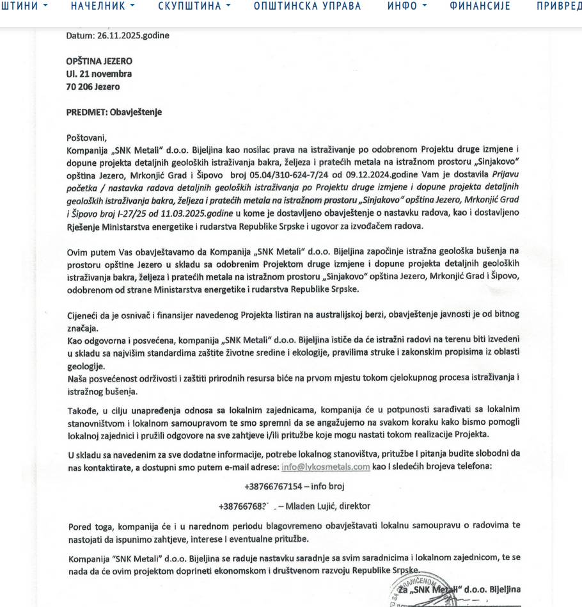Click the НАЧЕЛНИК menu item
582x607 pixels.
click(x=102, y=6)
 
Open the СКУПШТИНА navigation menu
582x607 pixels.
click(x=194, y=6)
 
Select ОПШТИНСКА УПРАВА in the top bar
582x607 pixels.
click(x=307, y=6)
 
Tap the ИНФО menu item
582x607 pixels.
click(x=406, y=6)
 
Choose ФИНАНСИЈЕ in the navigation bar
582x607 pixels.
click(x=480, y=6)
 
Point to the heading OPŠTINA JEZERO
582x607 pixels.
click(x=99, y=61)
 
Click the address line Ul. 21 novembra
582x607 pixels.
click(x=99, y=74)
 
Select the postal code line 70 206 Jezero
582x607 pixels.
click(x=93, y=87)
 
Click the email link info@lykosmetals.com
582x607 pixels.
click(x=326, y=467)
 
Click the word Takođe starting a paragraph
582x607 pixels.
click(x=83, y=410)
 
